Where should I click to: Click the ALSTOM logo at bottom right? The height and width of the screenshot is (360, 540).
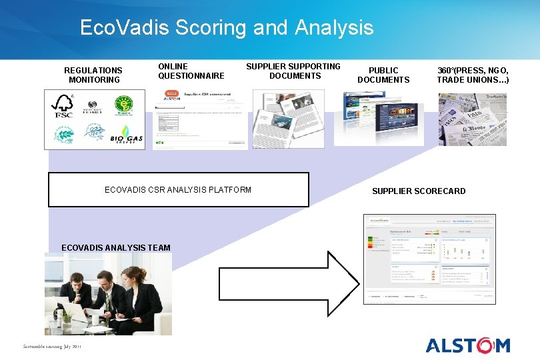(x=468, y=345)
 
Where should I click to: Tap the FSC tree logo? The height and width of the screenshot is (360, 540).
(x=64, y=106)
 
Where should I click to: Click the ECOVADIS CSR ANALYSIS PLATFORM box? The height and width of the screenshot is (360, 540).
(x=179, y=190)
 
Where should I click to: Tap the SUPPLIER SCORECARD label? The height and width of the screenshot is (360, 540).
(x=419, y=191)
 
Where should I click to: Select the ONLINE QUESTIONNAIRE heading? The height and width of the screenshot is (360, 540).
(x=191, y=71)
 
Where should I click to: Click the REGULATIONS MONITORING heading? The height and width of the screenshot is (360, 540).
(x=93, y=75)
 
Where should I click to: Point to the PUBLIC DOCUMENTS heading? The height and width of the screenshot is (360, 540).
(x=383, y=75)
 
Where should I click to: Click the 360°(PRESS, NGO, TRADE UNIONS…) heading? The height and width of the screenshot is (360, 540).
(x=473, y=75)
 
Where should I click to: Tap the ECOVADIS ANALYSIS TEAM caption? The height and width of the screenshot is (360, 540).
(x=116, y=248)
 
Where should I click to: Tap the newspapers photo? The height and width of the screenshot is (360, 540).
(x=472, y=119)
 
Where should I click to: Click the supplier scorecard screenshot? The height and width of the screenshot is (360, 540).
(x=430, y=259)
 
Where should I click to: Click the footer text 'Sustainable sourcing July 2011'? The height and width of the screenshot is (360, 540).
(x=52, y=347)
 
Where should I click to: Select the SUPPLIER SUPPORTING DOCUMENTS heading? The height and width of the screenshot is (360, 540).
(x=293, y=71)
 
